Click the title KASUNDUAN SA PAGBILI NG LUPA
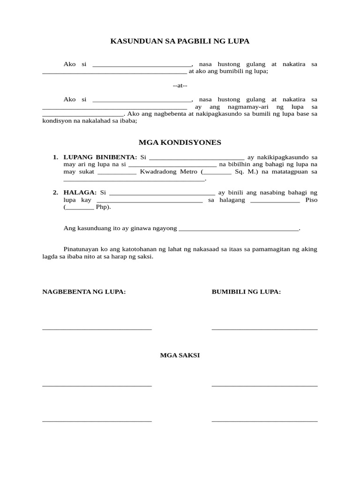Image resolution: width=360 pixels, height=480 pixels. (x=180, y=41)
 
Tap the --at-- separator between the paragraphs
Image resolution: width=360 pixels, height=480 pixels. (x=180, y=85)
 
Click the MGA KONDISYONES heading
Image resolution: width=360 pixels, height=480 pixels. (x=180, y=142)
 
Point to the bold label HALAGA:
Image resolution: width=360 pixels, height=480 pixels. (x=80, y=192)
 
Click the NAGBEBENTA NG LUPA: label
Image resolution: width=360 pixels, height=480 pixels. (x=84, y=292)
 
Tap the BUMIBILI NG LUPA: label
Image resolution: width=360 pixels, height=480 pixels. (x=246, y=292)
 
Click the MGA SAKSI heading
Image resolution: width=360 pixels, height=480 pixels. (x=180, y=355)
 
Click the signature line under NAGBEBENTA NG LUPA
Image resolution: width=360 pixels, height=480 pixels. (x=97, y=329)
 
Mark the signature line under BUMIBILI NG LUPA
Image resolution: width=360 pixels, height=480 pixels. (x=264, y=329)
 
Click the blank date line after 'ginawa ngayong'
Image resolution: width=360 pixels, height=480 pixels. (x=239, y=230)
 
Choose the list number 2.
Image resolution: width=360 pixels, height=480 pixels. (x=55, y=192)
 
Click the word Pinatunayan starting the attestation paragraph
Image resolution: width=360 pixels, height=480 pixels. (x=81, y=249)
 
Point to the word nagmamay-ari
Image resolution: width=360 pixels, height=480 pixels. (x=247, y=107)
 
